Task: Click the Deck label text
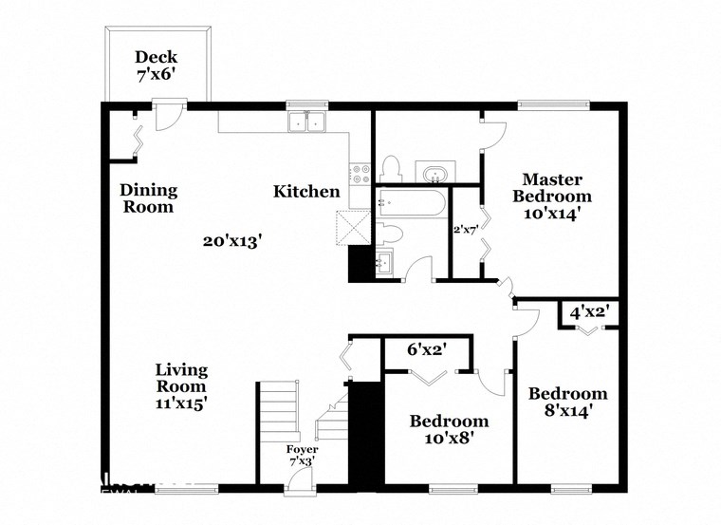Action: pyautogui.click(x=157, y=56)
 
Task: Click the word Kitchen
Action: pyautogui.click(x=306, y=192)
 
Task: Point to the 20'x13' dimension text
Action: pyautogui.click(x=231, y=241)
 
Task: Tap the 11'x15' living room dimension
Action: pyautogui.click(x=181, y=403)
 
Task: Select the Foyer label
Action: pyautogui.click(x=303, y=449)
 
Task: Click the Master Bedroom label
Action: pyautogui.click(x=551, y=188)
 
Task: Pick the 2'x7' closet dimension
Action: pyautogui.click(x=465, y=229)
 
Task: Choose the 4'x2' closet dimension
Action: pyautogui.click(x=589, y=310)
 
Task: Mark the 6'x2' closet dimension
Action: pyautogui.click(x=427, y=349)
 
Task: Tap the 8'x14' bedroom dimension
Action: pyautogui.click(x=567, y=411)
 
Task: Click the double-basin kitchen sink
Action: pyautogui.click(x=306, y=122)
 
